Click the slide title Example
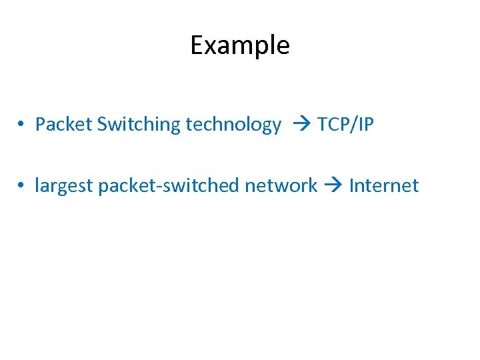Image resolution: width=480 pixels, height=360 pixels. tap(240, 45)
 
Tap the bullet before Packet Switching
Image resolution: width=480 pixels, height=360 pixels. tap(22, 125)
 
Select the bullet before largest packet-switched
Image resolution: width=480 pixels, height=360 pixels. tap(22, 186)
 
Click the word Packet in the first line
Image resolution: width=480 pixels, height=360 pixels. tap(63, 125)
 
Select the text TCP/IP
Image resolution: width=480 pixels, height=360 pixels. tap(345, 125)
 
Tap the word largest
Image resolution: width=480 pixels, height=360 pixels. tap(64, 186)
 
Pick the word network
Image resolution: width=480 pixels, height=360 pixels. tap(281, 186)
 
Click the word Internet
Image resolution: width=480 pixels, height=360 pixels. tap(384, 186)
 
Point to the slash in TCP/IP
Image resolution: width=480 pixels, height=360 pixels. tap(354, 125)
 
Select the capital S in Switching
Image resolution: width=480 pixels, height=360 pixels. tap(102, 125)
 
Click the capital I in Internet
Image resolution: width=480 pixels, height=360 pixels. tap(351, 186)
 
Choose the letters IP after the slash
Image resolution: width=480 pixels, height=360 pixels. tap(365, 125)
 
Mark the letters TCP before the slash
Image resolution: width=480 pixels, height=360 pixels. tap(333, 125)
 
